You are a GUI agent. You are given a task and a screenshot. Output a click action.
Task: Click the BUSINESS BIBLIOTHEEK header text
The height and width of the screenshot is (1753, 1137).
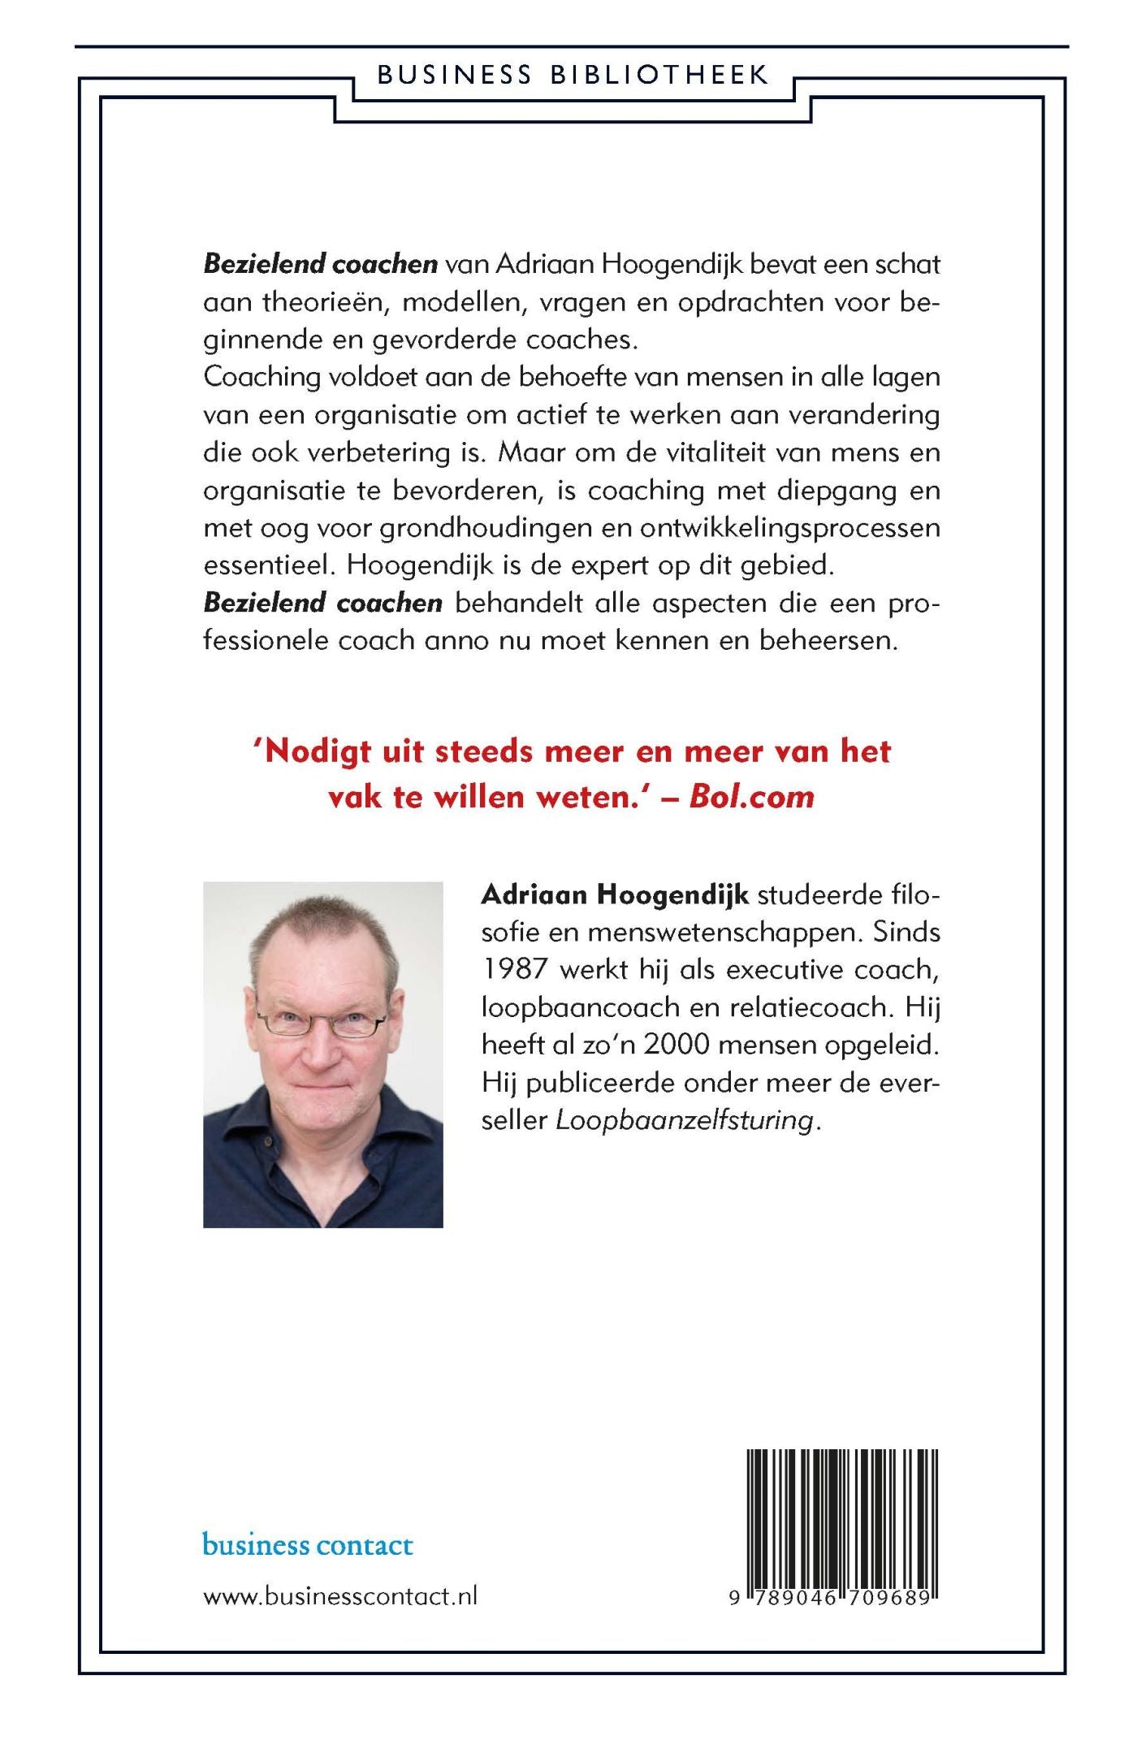tap(573, 75)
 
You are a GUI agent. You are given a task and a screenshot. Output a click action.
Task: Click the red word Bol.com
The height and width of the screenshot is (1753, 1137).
tap(751, 797)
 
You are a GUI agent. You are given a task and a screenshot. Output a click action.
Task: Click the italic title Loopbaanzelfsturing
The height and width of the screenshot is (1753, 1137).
tap(685, 1120)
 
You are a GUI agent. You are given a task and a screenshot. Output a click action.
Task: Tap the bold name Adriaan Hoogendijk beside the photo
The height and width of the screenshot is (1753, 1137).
tap(615, 894)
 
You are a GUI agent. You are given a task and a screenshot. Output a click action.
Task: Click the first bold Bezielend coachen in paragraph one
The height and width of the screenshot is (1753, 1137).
tap(320, 264)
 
